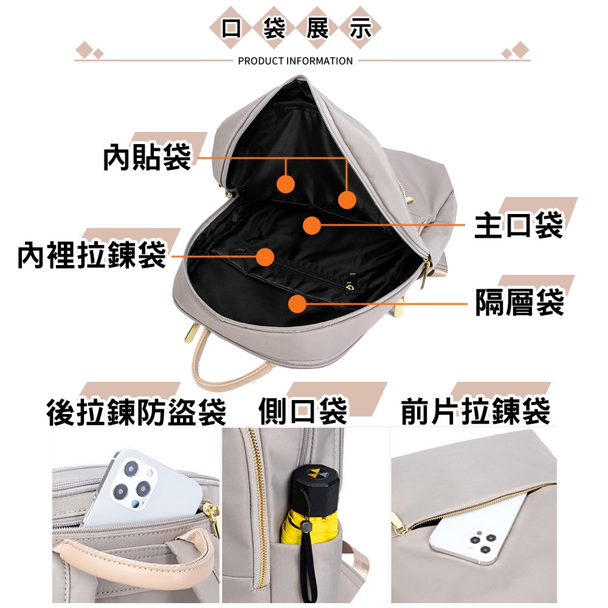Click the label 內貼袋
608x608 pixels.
[x=147, y=157]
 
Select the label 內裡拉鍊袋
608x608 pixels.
[x=91, y=255]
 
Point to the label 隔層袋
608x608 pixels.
[x=519, y=302]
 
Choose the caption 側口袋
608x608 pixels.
[x=302, y=411]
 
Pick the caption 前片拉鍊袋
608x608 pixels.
[x=475, y=411]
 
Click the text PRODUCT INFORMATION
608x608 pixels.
[x=295, y=61]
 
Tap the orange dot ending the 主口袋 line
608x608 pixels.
[x=312, y=225]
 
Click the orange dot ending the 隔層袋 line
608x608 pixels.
[x=297, y=303]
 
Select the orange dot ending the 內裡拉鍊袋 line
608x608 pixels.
[x=264, y=257]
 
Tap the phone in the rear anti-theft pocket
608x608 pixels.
[x=140, y=486]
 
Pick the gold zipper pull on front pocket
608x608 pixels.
[x=398, y=523]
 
